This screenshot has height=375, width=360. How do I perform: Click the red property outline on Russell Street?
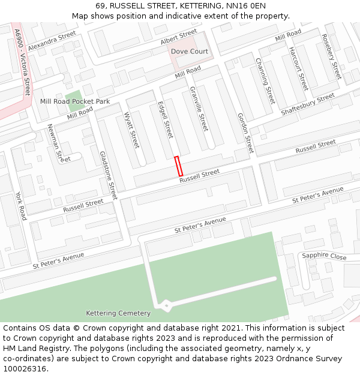coord(178,166)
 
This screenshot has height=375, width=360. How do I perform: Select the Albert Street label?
coord(178,37)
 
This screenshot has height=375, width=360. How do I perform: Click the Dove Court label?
coord(190,52)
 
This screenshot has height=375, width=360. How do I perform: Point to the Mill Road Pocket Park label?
coord(75,101)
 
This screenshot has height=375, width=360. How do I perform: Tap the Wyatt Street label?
coord(131,131)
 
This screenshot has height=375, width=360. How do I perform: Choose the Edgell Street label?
coord(165,120)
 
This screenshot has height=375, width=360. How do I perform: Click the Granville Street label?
coord(199,109)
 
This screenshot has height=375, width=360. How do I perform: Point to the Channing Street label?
coord(265,80)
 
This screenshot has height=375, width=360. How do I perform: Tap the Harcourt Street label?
coord(298,68)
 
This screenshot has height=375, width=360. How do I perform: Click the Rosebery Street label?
coord(331,56)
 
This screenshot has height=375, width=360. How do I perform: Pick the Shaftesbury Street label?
coord(308,105)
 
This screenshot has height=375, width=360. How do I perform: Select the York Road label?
coord(21,206)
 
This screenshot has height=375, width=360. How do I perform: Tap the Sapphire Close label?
coord(324,256)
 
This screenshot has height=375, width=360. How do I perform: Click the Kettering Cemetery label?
coord(118,313)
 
